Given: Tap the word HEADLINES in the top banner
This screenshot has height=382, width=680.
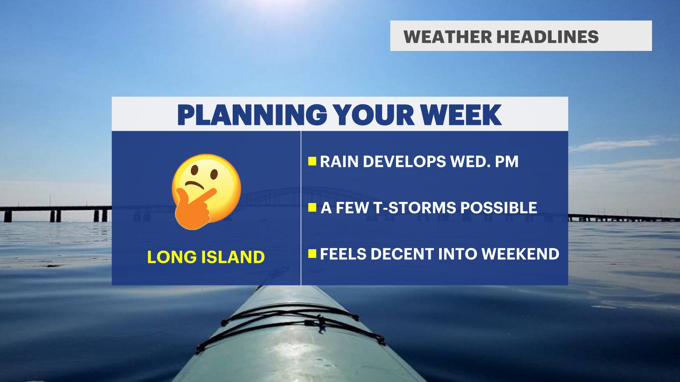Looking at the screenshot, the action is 548,37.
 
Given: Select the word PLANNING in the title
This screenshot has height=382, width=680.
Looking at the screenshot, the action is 252,115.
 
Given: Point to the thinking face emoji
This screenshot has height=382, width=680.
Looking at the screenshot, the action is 206,191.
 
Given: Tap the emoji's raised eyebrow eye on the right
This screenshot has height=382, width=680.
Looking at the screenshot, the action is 214,173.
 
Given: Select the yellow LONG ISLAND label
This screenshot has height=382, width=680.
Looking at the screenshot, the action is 206,257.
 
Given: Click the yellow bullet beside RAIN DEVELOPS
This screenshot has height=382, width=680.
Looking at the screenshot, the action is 312,161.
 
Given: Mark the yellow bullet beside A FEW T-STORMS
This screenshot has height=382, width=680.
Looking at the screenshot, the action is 312,207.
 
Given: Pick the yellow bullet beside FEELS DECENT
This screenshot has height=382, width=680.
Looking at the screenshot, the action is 312,254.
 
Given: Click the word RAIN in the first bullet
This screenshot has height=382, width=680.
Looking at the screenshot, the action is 339,162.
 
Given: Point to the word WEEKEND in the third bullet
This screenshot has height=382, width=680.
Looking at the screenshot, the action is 521,254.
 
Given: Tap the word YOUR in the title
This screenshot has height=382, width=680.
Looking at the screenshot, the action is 373,115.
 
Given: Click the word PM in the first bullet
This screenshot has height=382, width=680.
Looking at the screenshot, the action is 507,162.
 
